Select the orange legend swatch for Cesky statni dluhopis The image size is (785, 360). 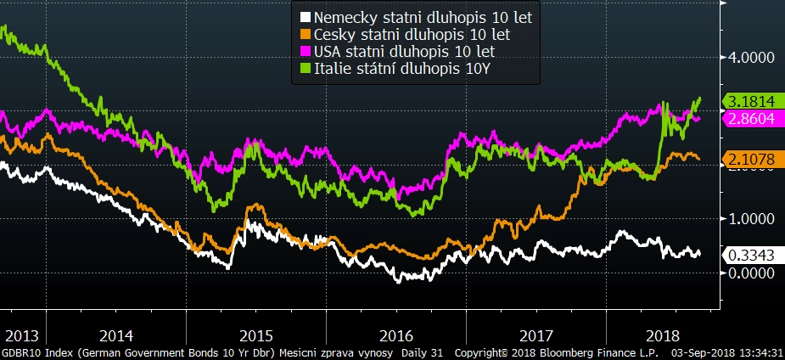306,35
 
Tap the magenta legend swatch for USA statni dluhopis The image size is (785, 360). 306,52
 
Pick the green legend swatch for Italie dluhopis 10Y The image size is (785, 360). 306,70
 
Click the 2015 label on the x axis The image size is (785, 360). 256,335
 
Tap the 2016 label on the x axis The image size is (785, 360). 396,335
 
